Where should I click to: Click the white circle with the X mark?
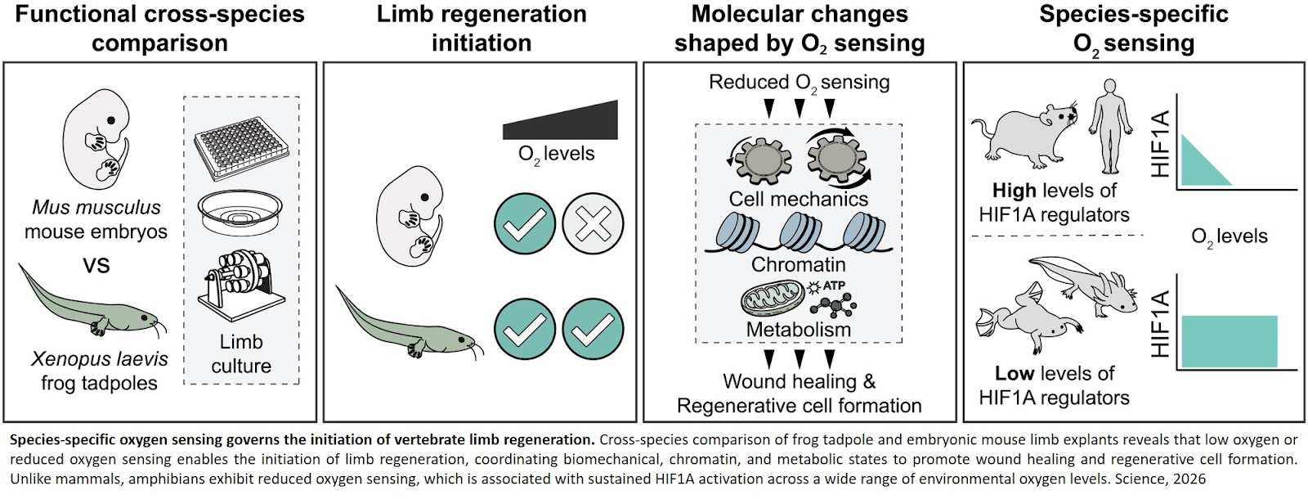tap(593, 223)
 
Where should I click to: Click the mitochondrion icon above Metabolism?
tap(772, 299)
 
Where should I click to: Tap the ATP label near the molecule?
tap(834, 285)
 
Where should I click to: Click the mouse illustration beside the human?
tap(1026, 131)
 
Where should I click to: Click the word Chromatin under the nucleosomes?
tap(799, 264)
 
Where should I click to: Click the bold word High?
tap(1013, 191)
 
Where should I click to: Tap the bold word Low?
tap(1014, 374)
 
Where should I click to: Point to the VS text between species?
tap(96, 265)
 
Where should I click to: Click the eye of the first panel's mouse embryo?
tap(110, 120)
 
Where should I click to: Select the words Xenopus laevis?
tap(99, 358)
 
